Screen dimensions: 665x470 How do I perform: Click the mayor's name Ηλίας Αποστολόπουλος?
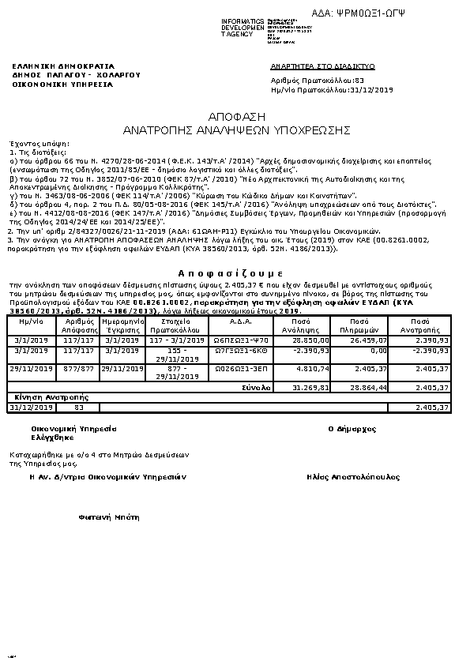click(x=354, y=477)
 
